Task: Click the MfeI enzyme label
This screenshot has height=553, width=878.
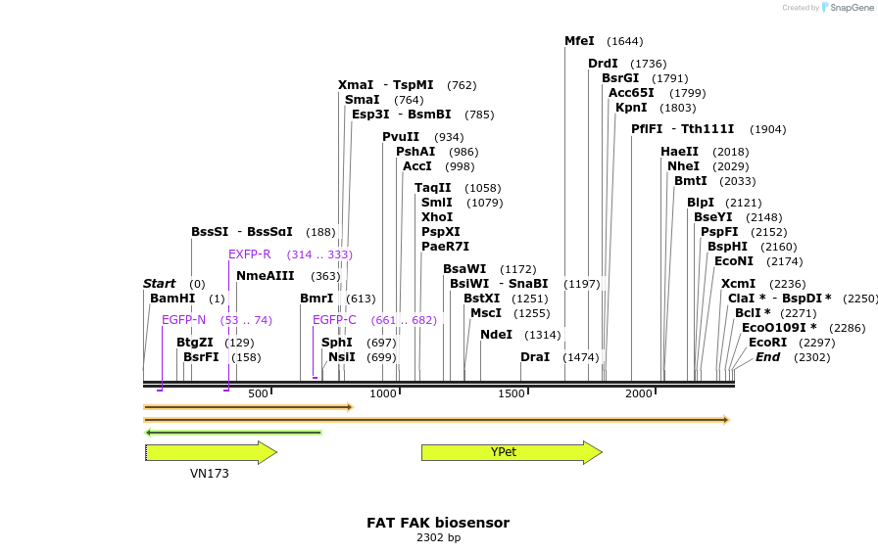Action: [579, 41]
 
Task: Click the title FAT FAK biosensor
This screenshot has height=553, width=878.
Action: [438, 523]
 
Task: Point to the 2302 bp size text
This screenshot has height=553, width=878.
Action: [438, 537]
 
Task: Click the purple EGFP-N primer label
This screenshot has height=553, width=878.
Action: [184, 320]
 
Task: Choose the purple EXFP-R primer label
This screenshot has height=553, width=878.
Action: [249, 254]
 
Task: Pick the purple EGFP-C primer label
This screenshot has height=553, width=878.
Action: [334, 320]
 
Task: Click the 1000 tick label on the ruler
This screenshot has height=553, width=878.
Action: [383, 393]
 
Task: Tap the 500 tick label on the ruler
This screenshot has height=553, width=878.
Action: [258, 393]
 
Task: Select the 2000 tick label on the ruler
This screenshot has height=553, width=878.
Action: [639, 393]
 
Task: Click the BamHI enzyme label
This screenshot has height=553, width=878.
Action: [172, 299]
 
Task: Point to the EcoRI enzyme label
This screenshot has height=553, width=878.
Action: [767, 343]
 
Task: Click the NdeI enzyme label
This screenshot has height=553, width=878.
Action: [496, 335]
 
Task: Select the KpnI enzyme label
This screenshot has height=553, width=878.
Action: [631, 108]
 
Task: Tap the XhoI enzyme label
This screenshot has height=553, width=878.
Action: [437, 216]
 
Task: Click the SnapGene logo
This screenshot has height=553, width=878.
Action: [844, 7]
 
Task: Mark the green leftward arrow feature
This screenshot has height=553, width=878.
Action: [233, 432]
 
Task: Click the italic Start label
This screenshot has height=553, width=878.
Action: [160, 284]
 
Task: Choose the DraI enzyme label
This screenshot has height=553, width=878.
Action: [535, 357]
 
